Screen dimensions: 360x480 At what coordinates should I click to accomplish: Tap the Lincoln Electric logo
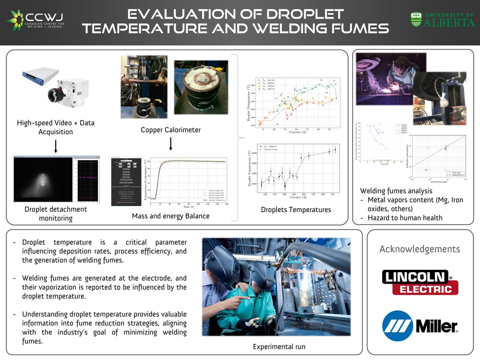420,282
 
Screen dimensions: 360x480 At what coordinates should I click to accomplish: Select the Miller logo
420,325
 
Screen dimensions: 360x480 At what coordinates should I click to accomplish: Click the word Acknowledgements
420,249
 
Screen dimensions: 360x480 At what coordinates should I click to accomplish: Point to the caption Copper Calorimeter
170,130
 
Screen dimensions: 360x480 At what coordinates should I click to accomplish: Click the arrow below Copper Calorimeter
170,144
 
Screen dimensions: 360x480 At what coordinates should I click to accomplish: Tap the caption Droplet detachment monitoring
56,214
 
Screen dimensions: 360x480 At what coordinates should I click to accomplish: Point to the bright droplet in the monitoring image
44,182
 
